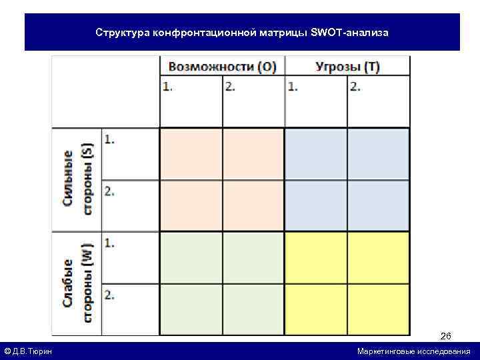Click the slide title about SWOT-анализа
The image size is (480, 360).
pos(242,32)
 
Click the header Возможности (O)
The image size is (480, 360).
pos(222,67)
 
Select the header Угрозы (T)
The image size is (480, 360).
pos(347,67)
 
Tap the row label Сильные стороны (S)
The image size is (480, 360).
pos(77,179)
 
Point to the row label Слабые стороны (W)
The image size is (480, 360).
pos(77,283)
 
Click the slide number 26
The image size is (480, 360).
pos(445,336)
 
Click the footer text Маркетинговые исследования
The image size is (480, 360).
pos(413,351)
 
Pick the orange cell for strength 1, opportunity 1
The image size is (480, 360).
pos(191,154)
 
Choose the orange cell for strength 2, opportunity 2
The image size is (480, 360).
pos(253,205)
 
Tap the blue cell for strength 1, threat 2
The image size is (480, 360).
pos(378,154)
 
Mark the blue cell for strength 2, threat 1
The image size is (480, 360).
pos(315,205)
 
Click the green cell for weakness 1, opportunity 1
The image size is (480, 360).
pos(191,257)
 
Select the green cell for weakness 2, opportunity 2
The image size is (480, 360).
pos(253,309)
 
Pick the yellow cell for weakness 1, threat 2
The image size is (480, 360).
pos(378,257)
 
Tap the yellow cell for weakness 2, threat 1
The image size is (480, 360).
pos(315,309)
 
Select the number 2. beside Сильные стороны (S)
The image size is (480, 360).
pos(109,191)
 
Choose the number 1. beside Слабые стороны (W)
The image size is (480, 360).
pos(109,243)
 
